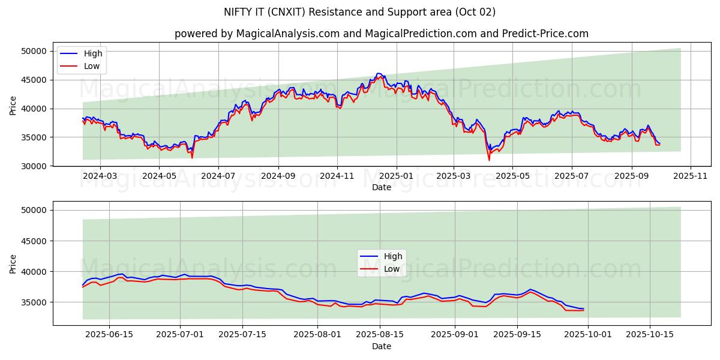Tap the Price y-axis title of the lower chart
[x=13, y=263]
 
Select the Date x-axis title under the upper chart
[x=382, y=187]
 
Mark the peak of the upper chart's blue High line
[x=378, y=73]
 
